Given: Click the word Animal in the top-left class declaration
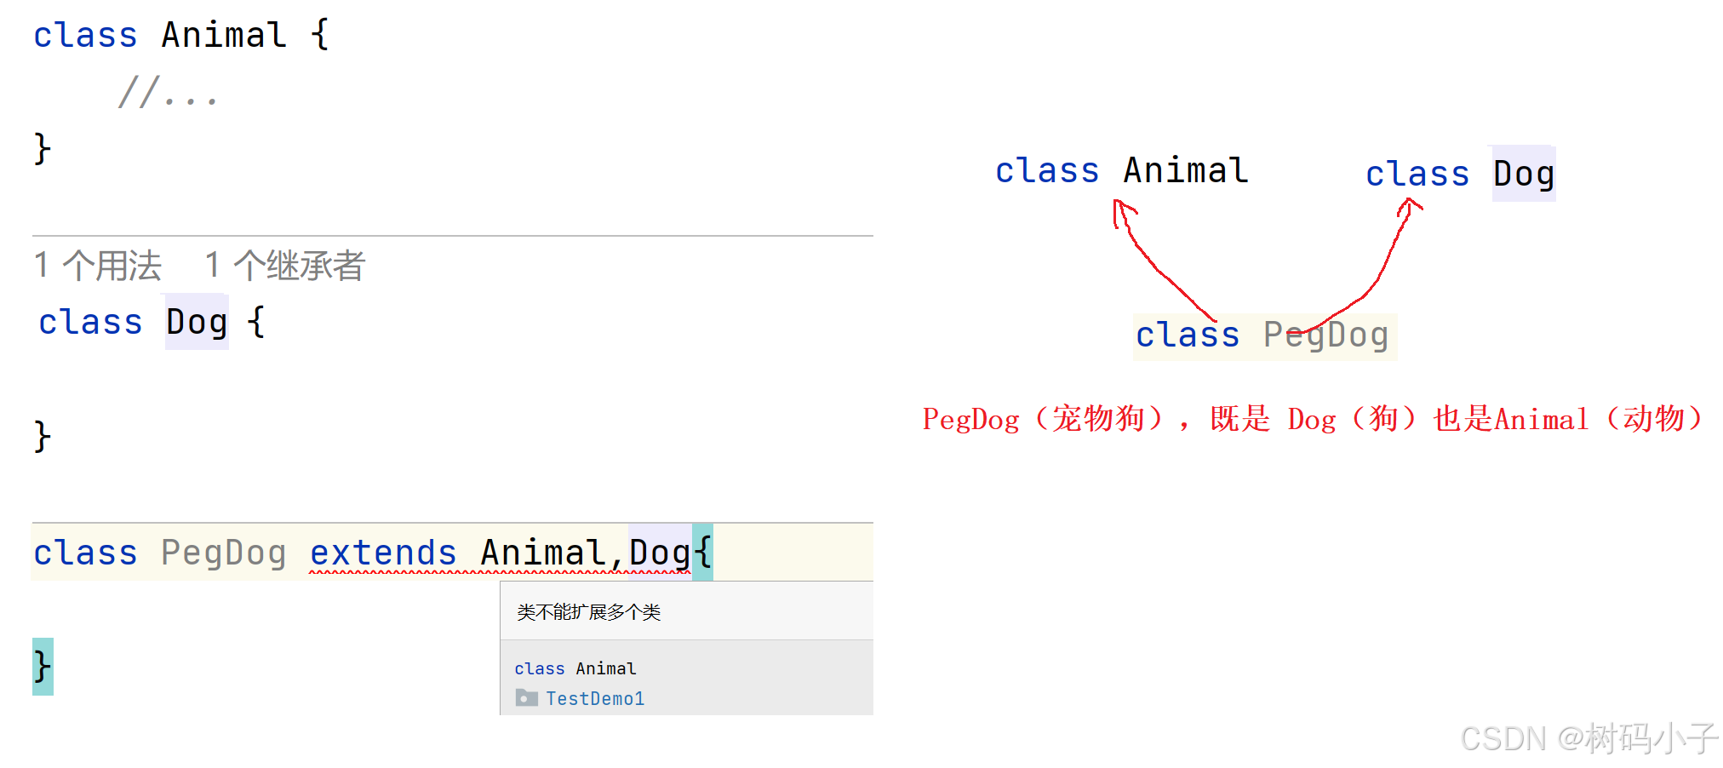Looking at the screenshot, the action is point(224,36).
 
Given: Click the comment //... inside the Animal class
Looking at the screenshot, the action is point(168,93).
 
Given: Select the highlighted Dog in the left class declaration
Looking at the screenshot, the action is point(197,323).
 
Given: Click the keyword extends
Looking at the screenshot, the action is point(383,553).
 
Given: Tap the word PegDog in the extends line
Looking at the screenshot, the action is point(223,553).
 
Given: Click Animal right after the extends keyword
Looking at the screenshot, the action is point(543,553).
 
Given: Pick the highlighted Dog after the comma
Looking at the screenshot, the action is point(660,553).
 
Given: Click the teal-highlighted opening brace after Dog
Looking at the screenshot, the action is point(703,553).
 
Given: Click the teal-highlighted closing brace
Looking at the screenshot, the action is point(43,666).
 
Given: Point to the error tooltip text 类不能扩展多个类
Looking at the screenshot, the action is point(589,612).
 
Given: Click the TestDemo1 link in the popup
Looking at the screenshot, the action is point(595,699).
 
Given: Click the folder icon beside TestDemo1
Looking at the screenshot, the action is point(526,698).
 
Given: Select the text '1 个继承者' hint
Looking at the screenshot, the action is point(285,266).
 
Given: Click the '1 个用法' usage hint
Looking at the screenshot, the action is point(98,266).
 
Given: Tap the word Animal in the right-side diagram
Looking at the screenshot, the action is point(1185,171).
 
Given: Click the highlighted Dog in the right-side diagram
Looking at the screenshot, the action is point(1524,175).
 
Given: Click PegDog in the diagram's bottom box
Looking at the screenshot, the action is point(1325,335).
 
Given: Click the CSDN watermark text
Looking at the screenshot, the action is point(1588,738).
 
